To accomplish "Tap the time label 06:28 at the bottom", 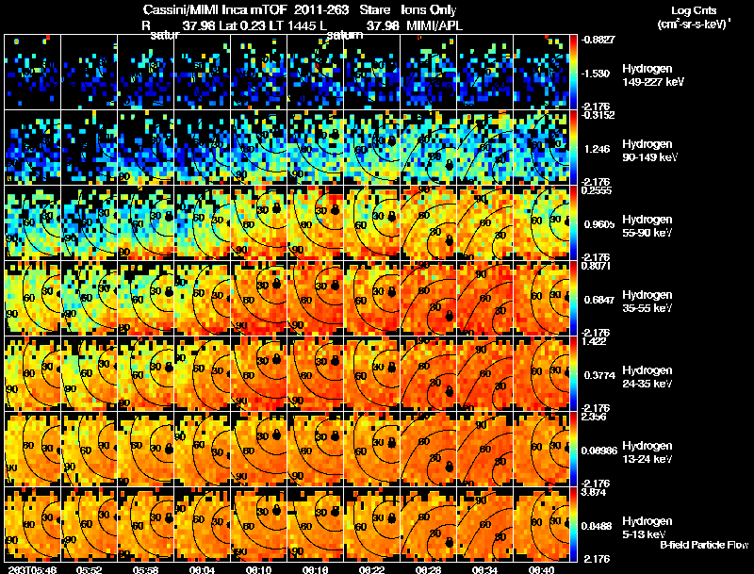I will coord(429,569).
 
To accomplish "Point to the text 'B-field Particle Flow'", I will coord(703,545).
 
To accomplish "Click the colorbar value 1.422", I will coord(596,343).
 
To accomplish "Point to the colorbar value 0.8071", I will coord(597,268).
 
